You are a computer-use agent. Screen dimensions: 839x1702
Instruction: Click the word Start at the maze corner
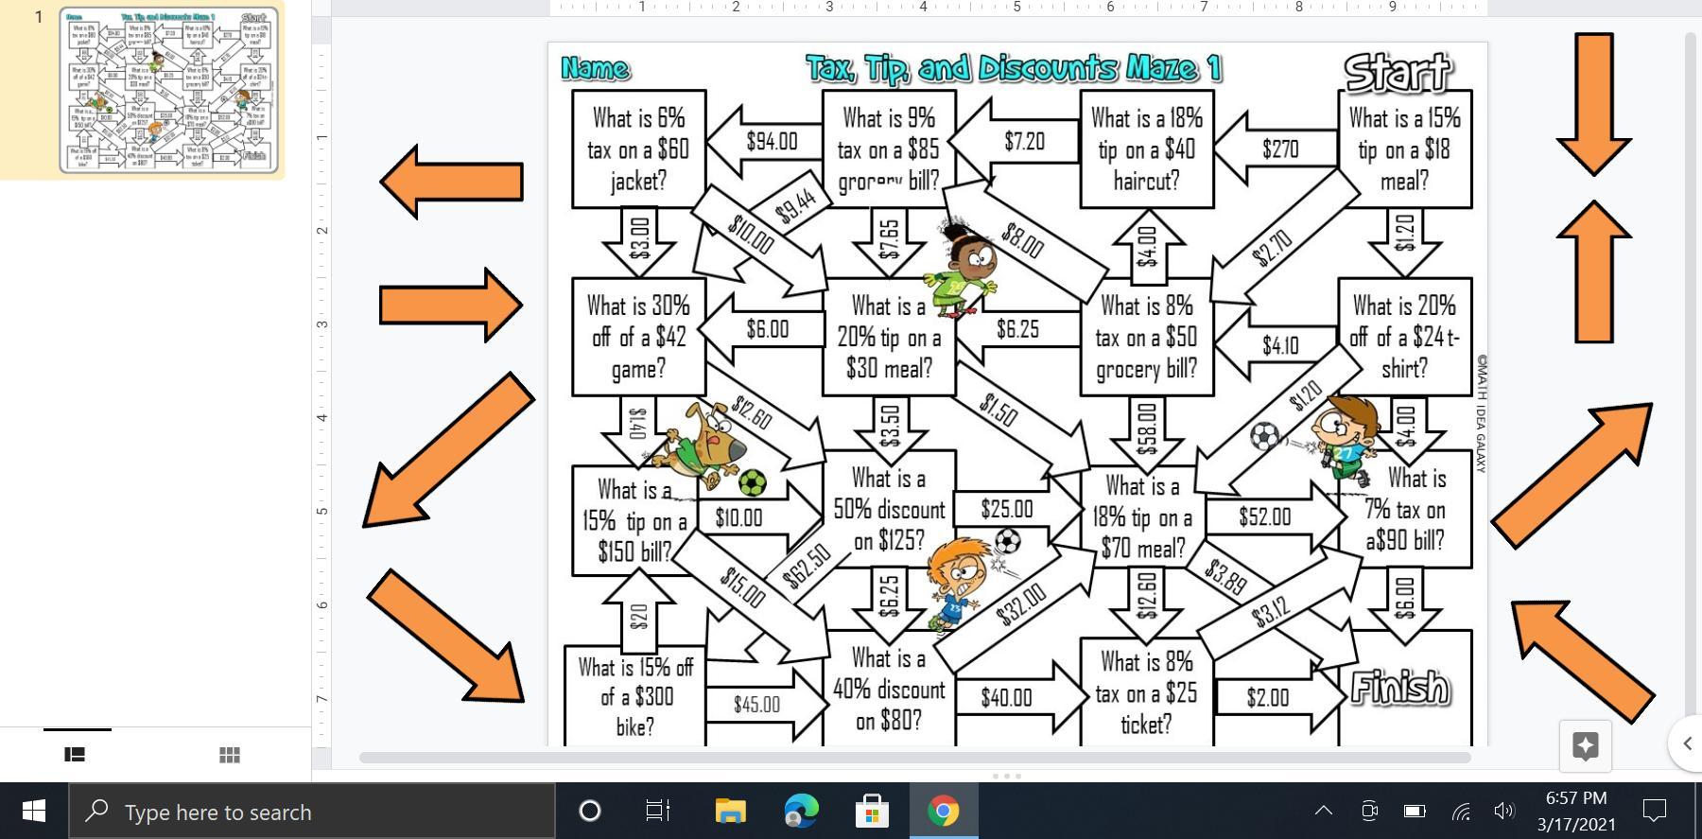coord(1397,71)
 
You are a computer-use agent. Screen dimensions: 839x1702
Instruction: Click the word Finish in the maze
coord(1399,688)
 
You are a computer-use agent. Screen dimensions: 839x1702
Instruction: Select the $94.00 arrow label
coord(771,142)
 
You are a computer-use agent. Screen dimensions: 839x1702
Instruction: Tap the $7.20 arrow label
coord(1024,142)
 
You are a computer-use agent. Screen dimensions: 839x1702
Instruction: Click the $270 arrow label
coord(1279,149)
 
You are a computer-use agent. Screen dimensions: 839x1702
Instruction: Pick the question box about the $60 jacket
coord(638,149)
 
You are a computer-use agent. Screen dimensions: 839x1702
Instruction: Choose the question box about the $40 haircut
coord(1146,149)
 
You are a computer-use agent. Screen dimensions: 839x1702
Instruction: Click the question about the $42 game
coord(638,337)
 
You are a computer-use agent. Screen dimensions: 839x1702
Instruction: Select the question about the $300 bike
coord(634,696)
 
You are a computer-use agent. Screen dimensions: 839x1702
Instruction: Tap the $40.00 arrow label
coord(1006,698)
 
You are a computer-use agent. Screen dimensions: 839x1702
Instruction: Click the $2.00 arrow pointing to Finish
coord(1268,698)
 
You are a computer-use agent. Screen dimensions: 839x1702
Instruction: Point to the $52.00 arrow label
coord(1264,516)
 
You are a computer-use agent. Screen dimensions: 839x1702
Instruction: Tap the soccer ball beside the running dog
coord(753,482)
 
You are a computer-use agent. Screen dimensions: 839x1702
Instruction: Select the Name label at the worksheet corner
coord(595,68)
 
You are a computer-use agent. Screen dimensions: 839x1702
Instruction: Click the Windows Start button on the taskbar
coord(34,811)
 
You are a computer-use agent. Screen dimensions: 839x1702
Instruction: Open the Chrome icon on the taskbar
coord(943,811)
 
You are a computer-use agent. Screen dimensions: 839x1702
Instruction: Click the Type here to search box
coord(312,812)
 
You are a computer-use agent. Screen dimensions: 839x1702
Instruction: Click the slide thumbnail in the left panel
coord(169,90)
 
